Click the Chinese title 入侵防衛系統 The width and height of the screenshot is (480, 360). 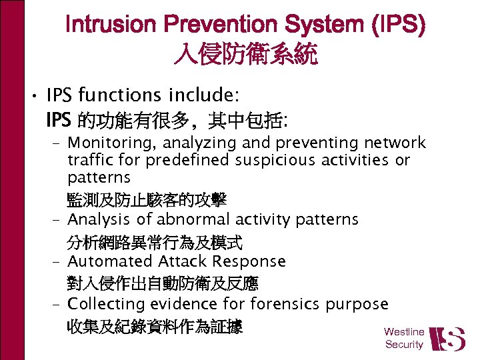[245, 55]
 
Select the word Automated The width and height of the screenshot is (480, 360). [110, 262]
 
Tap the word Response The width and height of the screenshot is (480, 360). [247, 262]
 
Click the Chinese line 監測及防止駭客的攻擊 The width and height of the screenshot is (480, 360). [147, 199]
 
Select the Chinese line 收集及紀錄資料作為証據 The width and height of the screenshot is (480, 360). [155, 327]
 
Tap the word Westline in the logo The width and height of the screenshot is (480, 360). [404, 332]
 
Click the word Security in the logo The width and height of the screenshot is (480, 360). [404, 345]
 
